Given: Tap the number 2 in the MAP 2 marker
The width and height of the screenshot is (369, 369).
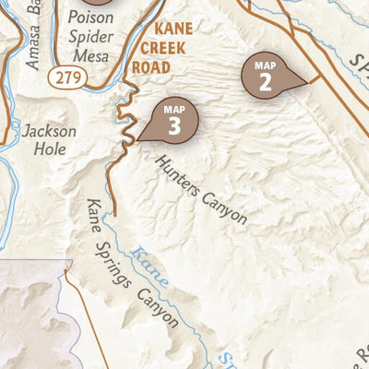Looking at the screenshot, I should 265,82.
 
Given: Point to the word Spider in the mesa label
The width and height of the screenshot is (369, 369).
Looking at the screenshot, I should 90,38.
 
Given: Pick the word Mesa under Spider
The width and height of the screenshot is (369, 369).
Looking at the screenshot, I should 89,56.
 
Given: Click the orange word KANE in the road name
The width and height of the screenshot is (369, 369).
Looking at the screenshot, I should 173,30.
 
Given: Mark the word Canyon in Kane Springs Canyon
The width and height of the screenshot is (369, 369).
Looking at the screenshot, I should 158,309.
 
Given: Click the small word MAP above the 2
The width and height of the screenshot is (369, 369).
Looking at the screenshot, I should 265,65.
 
